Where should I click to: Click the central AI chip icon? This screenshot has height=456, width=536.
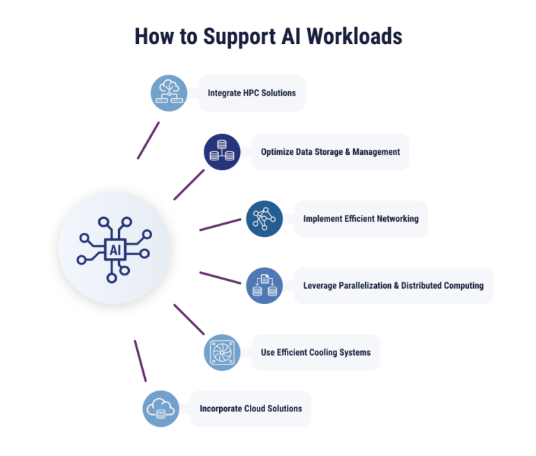coord(114,248)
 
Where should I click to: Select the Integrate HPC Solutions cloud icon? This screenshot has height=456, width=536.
coord(170,93)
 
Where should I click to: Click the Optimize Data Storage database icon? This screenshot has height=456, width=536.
coord(222,151)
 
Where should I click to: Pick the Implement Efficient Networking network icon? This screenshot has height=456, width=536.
coord(265,218)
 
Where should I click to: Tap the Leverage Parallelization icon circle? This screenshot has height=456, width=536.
coord(265,285)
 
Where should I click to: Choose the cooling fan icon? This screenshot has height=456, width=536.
coord(222,352)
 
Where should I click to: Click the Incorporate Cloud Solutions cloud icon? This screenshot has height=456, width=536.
coord(161,409)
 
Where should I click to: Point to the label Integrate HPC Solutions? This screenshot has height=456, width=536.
coord(251,93)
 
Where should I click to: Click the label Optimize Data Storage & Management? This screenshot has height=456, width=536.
coord(330,151)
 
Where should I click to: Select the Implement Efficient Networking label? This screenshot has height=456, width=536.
coord(360,218)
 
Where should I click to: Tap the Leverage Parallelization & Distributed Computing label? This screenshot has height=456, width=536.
coord(393,285)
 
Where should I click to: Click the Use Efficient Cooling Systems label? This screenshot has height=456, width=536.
coord(315,352)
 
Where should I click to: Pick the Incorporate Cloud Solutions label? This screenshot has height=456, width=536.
coord(251,409)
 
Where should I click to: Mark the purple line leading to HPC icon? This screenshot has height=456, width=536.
coord(149,140)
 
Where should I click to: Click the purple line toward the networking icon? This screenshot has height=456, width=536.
coord(221,225)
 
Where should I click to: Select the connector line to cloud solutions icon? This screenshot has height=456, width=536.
coord(140,360)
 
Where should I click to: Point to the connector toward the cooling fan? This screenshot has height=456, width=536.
coord(189,319)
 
